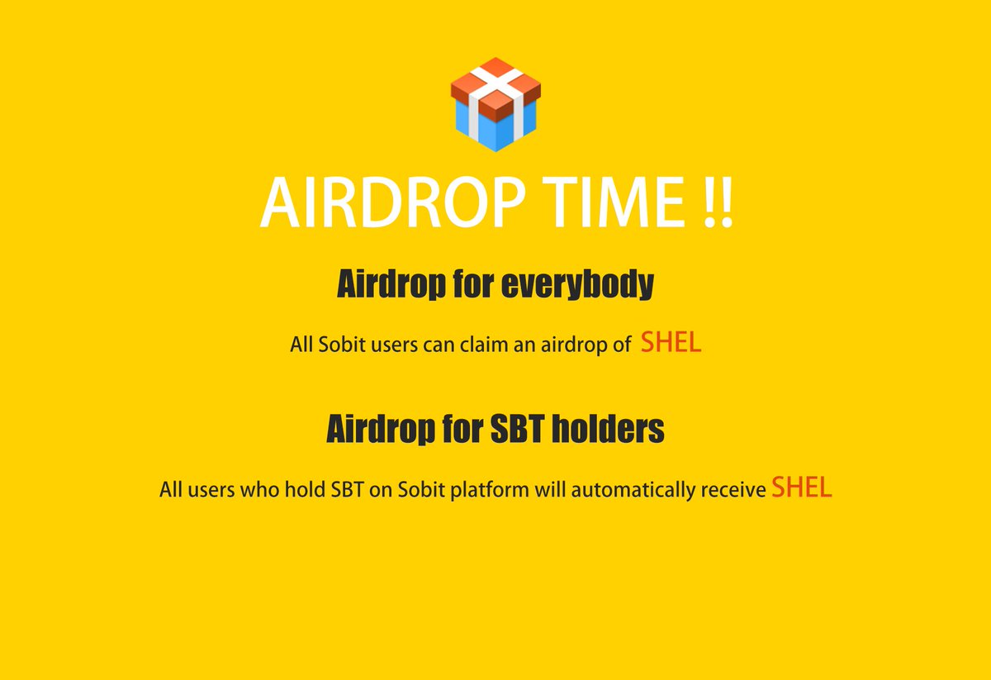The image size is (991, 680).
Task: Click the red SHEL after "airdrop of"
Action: (x=671, y=343)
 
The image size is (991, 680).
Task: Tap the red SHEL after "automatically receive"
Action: (x=801, y=487)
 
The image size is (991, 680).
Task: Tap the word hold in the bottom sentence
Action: (x=304, y=490)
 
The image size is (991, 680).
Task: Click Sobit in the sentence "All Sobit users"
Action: (x=338, y=345)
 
